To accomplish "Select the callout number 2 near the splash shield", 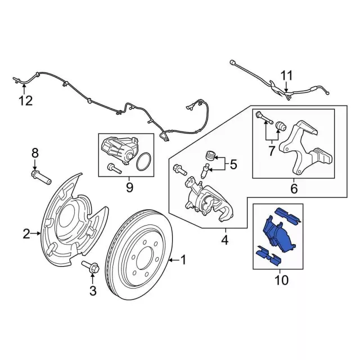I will (26, 233).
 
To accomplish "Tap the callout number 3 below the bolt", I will (93, 291).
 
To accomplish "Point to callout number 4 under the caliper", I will (224, 241).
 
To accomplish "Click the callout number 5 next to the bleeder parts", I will (233, 165).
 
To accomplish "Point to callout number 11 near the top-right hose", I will (287, 75).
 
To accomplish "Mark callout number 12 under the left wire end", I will (25, 101).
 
